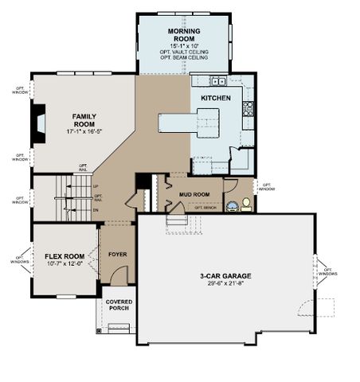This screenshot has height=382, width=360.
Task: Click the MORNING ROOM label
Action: pyautogui.click(x=183, y=34)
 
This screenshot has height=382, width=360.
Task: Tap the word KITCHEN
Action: pyautogui.click(x=215, y=98)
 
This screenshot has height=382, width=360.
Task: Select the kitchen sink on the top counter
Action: pyautogui.click(x=217, y=81)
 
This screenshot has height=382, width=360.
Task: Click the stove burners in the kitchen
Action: pyautogui.click(x=248, y=107)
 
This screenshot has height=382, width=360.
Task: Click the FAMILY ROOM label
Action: pyautogui.click(x=84, y=119)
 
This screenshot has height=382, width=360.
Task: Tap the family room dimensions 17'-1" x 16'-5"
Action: pyautogui.click(x=84, y=132)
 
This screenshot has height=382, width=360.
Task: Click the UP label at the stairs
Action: pyautogui.click(x=96, y=188)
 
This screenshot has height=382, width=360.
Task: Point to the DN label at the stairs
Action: pyautogui.click(x=96, y=210)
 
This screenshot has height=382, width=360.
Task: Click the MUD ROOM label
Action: pyautogui.click(x=194, y=194)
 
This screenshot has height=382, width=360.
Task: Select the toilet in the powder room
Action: pyautogui.click(x=246, y=204)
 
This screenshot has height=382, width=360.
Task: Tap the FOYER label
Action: pyautogui.click(x=117, y=255)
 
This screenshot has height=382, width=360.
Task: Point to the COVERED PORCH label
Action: pyautogui.click(x=119, y=306)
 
